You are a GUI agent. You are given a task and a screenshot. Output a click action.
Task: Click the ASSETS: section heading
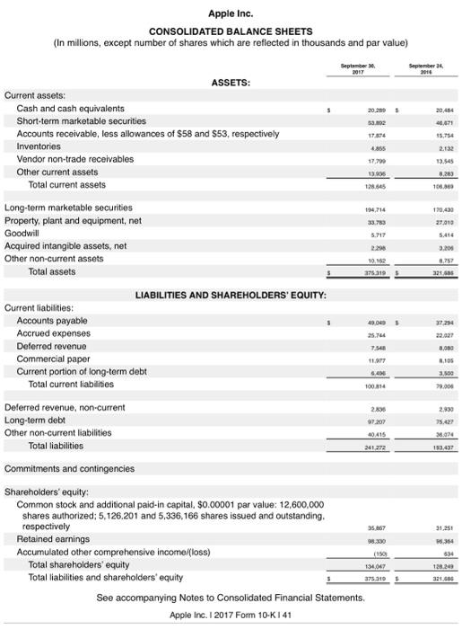pos(231,83)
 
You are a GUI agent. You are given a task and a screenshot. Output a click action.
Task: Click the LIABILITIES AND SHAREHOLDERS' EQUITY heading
pos(231,295)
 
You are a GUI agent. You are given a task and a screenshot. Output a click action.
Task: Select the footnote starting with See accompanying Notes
pos(231,597)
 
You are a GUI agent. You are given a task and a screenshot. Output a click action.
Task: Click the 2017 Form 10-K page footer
pos(231,616)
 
